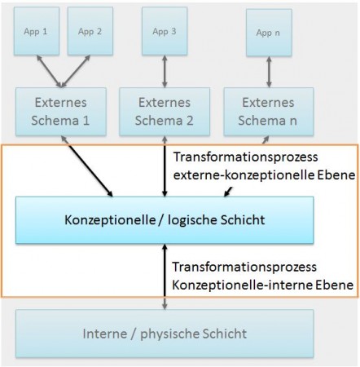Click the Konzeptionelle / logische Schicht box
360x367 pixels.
tap(165, 220)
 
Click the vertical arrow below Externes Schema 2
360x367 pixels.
tap(165, 167)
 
